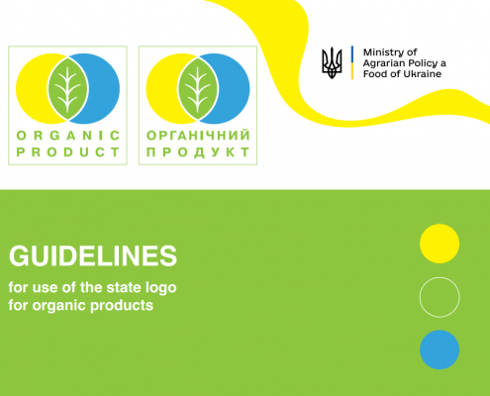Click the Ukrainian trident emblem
point(333,63)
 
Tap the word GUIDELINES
point(93,255)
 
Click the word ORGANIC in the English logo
point(67,136)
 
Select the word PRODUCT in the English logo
point(67,152)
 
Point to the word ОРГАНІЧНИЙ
point(197,136)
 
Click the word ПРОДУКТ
point(197,152)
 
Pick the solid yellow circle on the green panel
point(440,243)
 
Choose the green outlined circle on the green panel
point(440,296)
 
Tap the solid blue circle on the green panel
point(440,349)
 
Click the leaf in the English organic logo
point(67,86)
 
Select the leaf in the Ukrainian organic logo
point(197,86)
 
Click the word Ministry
point(386,51)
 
